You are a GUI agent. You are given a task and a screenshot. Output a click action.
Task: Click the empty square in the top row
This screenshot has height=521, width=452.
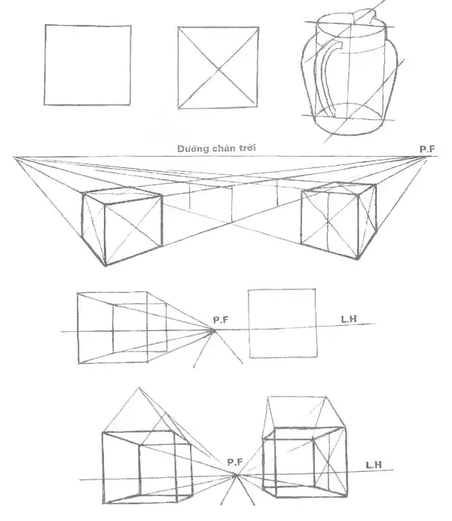pos(87,66)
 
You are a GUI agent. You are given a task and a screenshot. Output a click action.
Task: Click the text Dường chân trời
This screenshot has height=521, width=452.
pos(217,149)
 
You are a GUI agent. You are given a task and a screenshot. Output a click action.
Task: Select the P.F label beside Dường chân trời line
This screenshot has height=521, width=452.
pos(426,149)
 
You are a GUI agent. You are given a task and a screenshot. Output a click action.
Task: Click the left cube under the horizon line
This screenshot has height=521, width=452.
pos(121,226)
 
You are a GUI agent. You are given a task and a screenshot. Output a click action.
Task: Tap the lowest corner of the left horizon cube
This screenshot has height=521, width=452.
pos(105,265)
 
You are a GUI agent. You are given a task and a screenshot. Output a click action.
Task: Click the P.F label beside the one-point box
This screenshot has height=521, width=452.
pos(220,320)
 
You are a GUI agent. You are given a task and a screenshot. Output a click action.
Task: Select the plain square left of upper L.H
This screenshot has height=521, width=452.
pos(282,323)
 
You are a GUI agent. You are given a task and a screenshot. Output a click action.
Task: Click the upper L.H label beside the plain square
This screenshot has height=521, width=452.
pos(348,320)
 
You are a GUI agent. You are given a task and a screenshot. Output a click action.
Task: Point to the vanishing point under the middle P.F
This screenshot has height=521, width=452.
pos(214,329)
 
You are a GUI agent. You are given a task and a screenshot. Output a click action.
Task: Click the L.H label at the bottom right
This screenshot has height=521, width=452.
pos(374,464)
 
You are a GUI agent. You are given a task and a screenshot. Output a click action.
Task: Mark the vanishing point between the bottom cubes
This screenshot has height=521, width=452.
pos(237,475)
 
